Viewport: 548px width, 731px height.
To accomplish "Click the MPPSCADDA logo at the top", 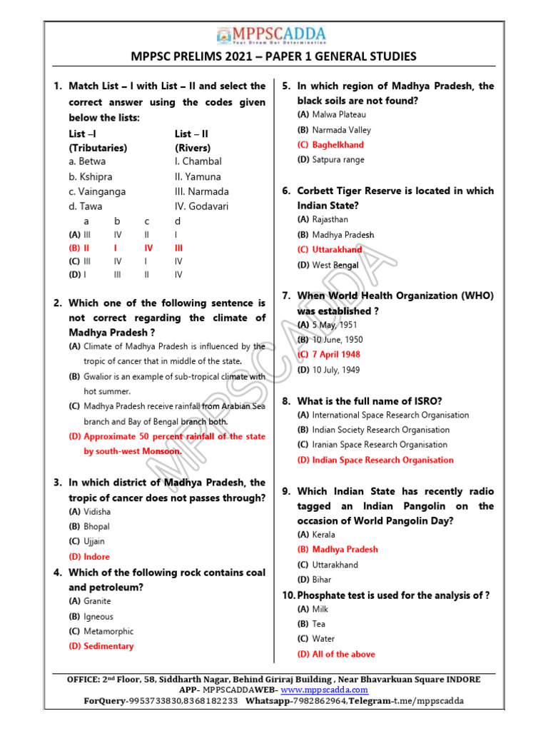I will point(273,36).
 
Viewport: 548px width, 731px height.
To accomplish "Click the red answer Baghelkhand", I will point(338,145).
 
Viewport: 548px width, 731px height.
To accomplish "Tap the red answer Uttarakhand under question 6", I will point(337,250).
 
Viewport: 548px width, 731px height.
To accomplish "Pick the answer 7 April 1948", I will point(336,354).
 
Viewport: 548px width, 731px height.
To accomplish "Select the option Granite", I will point(97,601).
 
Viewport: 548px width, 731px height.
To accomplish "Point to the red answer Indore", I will point(96,556).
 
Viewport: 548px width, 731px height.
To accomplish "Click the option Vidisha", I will point(97,512).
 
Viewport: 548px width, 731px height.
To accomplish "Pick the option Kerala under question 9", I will point(323,535).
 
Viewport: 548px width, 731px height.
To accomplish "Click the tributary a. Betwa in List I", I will point(87,161).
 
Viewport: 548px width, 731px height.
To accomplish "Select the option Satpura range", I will point(338,160).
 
